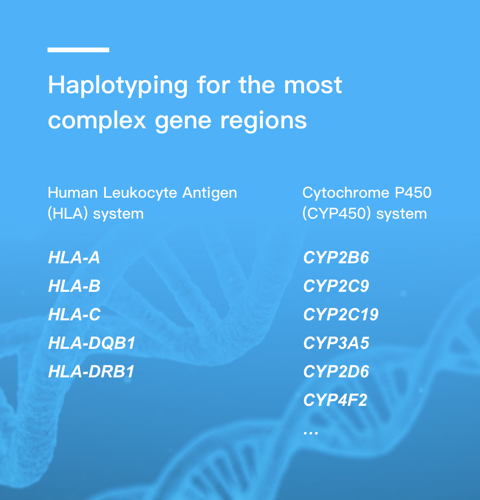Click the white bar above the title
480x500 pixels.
78,50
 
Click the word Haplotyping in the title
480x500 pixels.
118,86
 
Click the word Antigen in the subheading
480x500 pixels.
210,193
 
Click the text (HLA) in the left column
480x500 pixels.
67,214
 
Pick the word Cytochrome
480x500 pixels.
346,193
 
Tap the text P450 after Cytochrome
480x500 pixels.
413,192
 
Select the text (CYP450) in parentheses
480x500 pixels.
336,214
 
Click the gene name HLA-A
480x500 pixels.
74,258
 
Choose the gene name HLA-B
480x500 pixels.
74,286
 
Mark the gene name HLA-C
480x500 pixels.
74,315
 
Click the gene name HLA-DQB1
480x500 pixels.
92,344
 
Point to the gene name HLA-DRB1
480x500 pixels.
91,372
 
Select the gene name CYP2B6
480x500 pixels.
336,258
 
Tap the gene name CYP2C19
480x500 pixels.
341,315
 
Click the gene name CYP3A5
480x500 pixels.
336,343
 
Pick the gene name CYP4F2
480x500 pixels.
335,400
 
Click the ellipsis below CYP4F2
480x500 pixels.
311,433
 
